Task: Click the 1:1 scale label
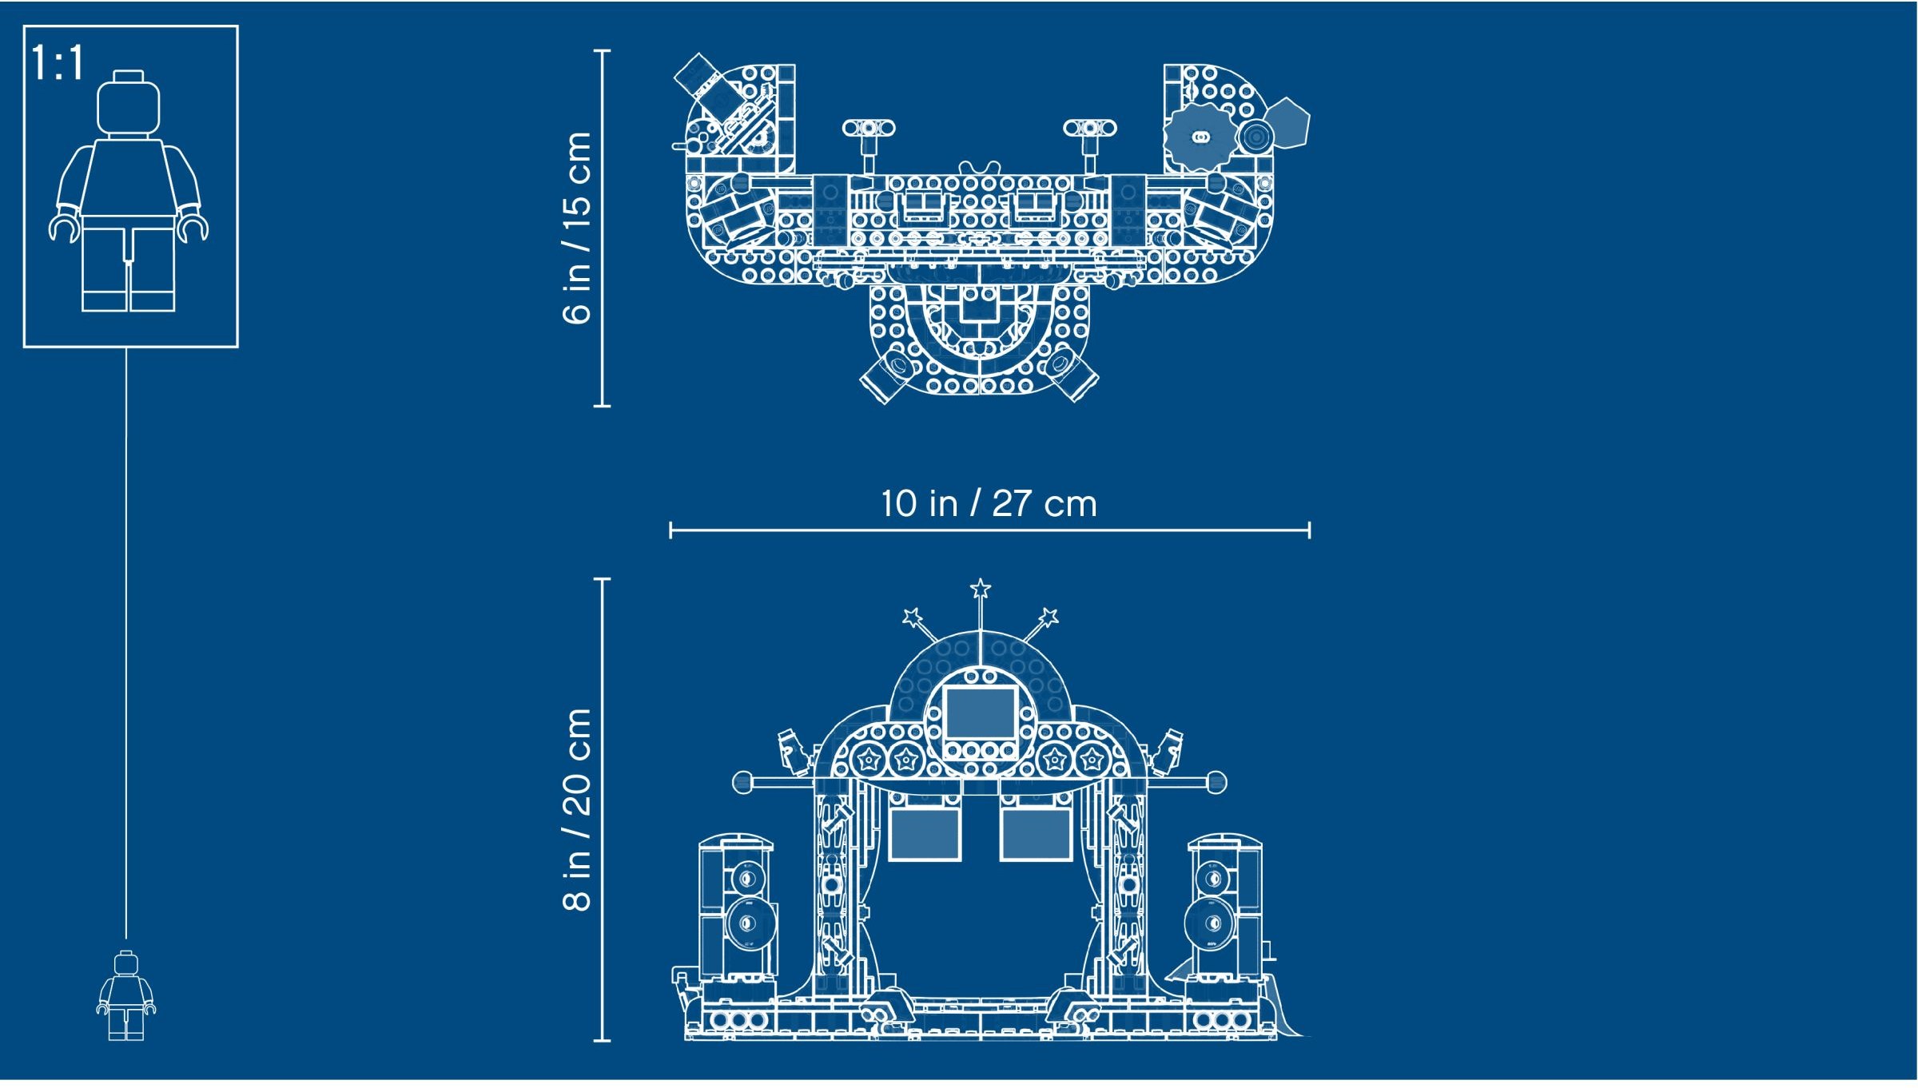point(58,62)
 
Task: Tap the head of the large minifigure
point(128,104)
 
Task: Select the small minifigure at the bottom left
point(126,995)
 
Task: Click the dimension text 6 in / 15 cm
point(577,228)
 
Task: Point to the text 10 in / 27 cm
point(989,504)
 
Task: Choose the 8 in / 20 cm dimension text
point(577,809)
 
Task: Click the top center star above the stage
point(981,590)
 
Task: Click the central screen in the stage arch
point(981,713)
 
